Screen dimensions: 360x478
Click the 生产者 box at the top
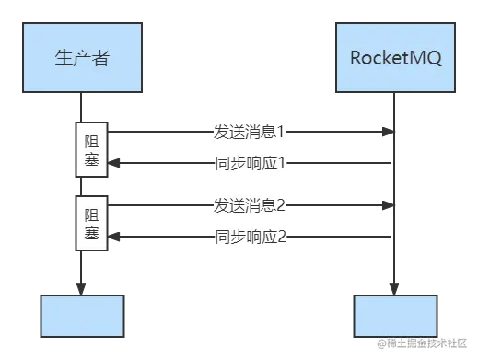pyautogui.click(x=83, y=58)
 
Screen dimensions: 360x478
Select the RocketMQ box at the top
pyautogui.click(x=396, y=58)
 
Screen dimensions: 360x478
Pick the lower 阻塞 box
pyautogui.click(x=91, y=224)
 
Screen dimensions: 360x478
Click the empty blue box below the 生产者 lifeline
pyautogui.click(x=81, y=318)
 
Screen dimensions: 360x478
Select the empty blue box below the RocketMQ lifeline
pyautogui.click(x=394, y=318)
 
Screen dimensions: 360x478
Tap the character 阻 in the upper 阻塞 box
pyautogui.click(x=91, y=141)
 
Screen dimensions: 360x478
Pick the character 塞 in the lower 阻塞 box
pyautogui.click(x=91, y=234)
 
